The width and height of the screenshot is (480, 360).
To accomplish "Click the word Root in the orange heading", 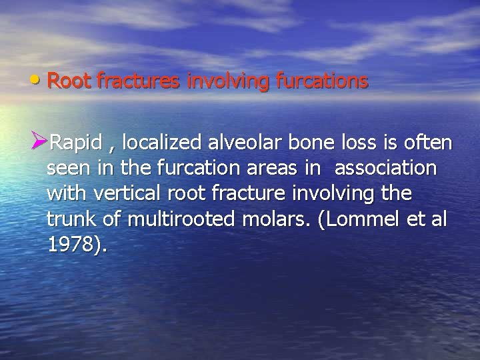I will point(70,81).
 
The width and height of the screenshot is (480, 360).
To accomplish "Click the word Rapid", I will point(76,143).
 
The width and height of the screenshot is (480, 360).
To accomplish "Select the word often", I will point(431,143).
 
